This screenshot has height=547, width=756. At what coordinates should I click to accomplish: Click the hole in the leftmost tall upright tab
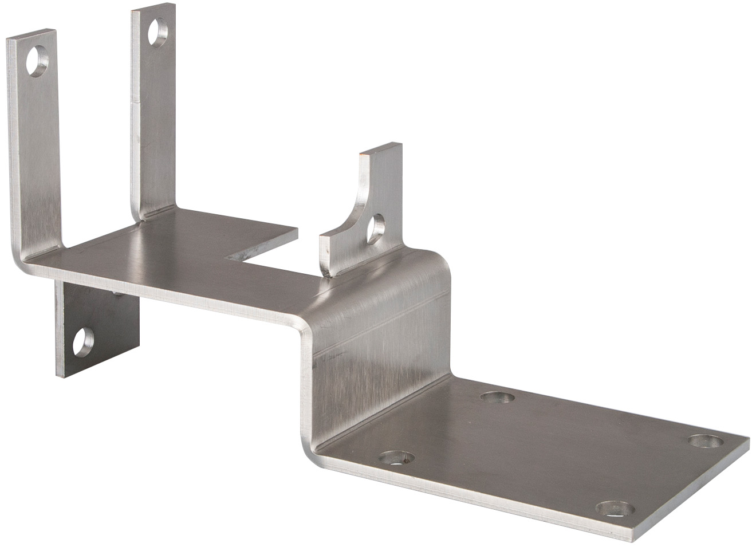pos(38,61)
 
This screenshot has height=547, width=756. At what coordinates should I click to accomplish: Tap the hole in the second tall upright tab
pos(157,32)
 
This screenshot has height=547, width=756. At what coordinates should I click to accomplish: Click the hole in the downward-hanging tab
pos(84,341)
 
